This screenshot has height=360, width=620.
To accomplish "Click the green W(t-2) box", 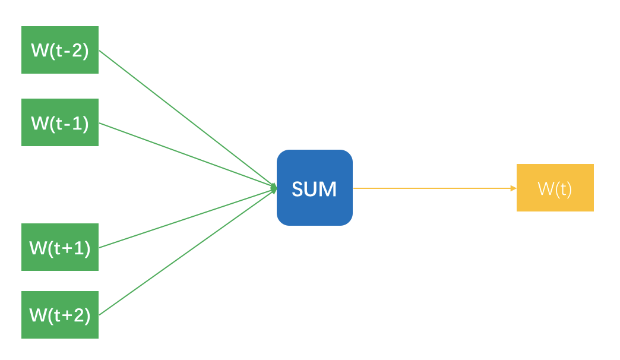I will tap(59, 50).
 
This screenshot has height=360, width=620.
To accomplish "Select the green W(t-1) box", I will tap(59, 122).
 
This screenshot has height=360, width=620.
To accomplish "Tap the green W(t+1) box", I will tap(59, 247).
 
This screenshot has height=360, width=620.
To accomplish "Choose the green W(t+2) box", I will tap(59, 315).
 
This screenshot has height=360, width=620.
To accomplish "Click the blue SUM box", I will tap(315, 188).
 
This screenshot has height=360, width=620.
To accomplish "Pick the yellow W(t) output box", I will tap(555, 188).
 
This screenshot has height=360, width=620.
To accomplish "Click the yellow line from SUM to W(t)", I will tap(434, 188).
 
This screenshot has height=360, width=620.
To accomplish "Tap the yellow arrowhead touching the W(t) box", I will tap(513, 188).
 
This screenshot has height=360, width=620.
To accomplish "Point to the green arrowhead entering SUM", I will tap(274, 188).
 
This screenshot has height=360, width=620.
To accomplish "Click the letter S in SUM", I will tap(297, 190).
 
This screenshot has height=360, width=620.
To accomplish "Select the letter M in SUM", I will tap(328, 190).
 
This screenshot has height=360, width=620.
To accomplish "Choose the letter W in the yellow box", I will tap(545, 189).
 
